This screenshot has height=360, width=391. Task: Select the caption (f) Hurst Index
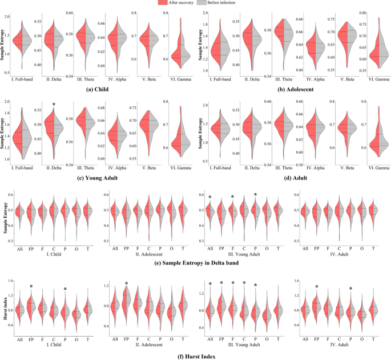196,355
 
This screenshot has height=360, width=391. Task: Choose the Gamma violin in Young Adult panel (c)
183,140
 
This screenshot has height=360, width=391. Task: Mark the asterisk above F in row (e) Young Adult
232,198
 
